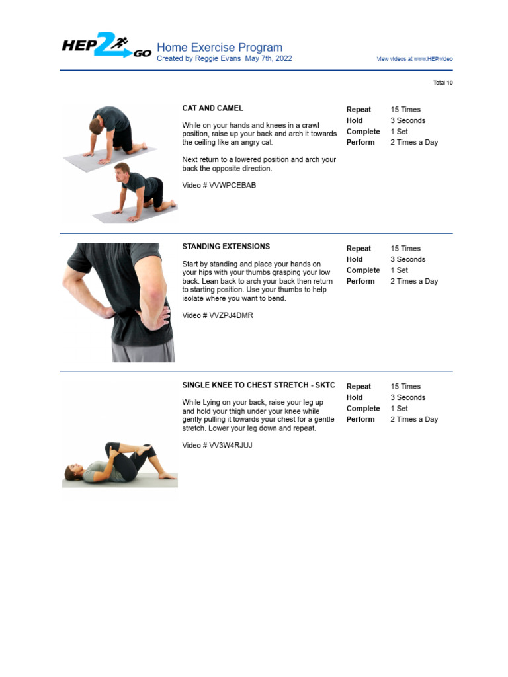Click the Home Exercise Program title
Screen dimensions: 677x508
(x=219, y=48)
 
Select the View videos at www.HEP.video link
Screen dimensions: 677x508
(x=415, y=59)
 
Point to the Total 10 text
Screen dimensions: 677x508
(x=443, y=83)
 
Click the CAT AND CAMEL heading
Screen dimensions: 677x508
(x=212, y=108)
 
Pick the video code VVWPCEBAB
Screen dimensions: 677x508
(x=232, y=186)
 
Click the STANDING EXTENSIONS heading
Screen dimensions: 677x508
(x=226, y=247)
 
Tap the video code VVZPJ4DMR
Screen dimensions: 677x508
(x=231, y=315)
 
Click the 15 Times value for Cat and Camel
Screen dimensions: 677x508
(x=405, y=110)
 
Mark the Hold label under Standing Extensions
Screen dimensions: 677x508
(x=355, y=260)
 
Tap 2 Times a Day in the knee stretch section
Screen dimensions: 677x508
(x=413, y=419)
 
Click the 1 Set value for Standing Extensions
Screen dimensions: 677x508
(x=399, y=270)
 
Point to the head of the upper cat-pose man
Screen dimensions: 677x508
(x=97, y=122)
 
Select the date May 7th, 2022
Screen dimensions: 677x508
(x=268, y=58)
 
